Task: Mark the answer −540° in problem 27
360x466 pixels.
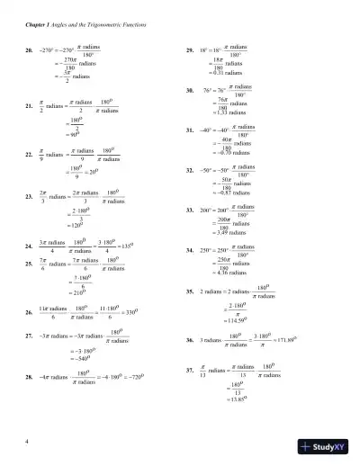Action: pos(79,354)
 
